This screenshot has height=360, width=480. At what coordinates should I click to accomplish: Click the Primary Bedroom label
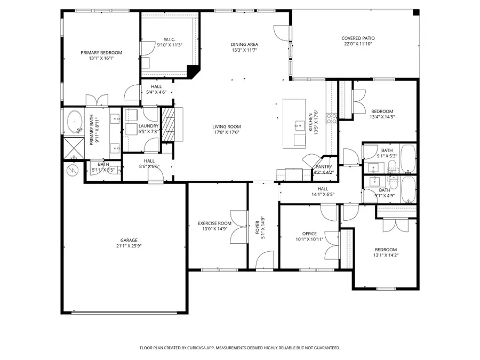point(101,52)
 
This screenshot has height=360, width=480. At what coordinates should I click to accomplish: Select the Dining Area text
point(244,44)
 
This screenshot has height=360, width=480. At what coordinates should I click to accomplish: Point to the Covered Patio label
point(358,38)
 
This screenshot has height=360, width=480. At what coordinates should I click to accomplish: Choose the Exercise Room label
point(214,223)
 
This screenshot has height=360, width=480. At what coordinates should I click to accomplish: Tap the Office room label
point(309,234)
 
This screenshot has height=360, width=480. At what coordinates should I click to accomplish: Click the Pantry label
point(324,166)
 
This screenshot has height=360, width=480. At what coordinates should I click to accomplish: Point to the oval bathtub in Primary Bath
point(74,122)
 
